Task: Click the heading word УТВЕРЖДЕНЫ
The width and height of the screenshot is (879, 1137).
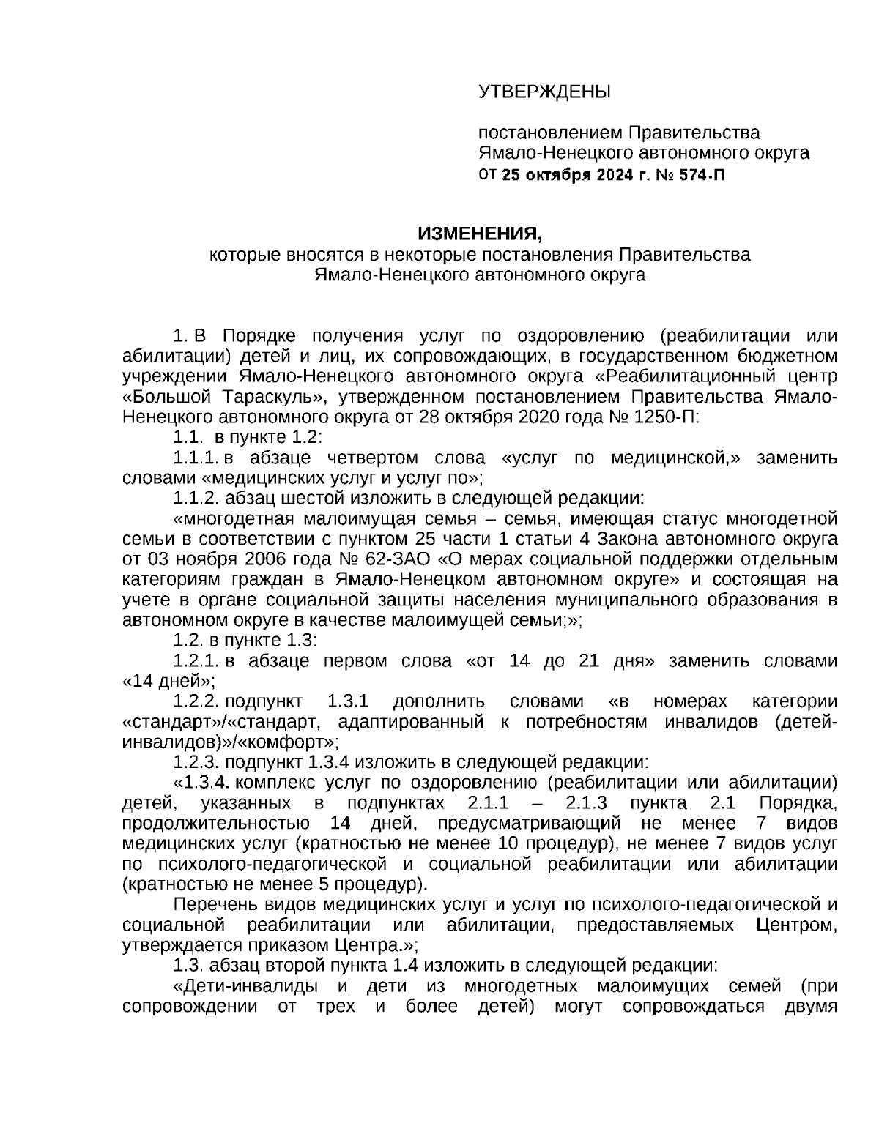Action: click(x=544, y=92)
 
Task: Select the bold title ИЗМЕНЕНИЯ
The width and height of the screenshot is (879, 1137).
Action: click(x=480, y=234)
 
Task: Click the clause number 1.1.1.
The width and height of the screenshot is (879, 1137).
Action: click(x=196, y=458)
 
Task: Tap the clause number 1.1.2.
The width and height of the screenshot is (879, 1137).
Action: click(x=196, y=499)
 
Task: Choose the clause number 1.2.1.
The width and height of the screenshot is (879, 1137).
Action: click(x=196, y=660)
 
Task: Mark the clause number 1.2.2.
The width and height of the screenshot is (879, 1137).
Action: click(x=196, y=701)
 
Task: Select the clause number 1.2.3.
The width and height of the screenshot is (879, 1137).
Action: click(x=196, y=762)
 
